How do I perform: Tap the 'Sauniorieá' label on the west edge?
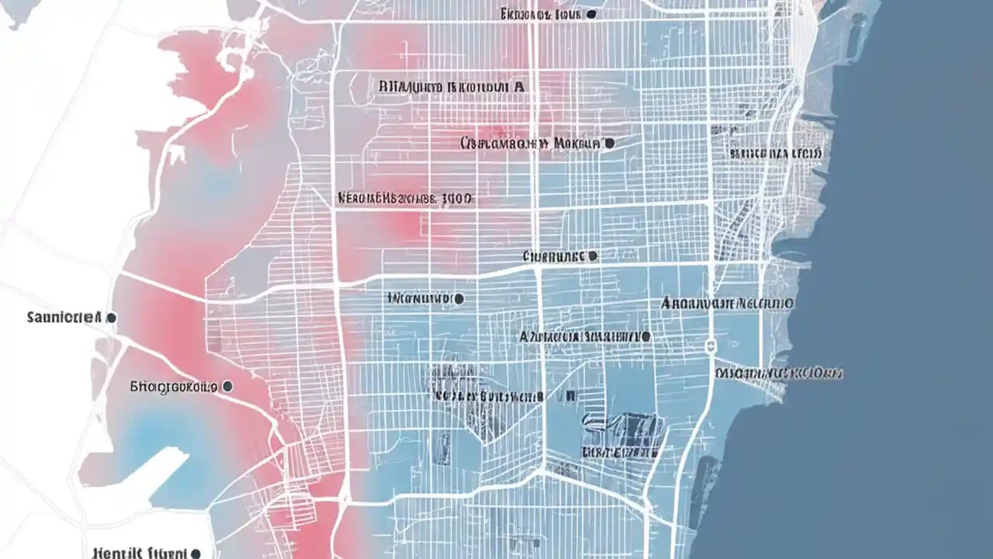click(x=64, y=318)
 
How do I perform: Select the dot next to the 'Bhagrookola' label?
click(x=227, y=385)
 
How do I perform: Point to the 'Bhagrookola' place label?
click(x=172, y=385)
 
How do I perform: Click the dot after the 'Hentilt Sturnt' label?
click(x=195, y=554)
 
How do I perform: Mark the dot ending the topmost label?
click(x=592, y=14)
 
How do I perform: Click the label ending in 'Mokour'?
click(x=531, y=144)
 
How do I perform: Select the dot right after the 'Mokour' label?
click(x=609, y=144)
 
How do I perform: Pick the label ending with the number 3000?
click(x=405, y=199)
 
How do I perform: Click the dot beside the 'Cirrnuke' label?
click(x=593, y=255)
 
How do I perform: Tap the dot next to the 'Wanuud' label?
click(x=459, y=298)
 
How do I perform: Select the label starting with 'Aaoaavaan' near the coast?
click(x=727, y=303)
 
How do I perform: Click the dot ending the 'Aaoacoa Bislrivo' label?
click(x=645, y=338)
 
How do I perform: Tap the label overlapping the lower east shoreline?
click(x=779, y=373)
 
